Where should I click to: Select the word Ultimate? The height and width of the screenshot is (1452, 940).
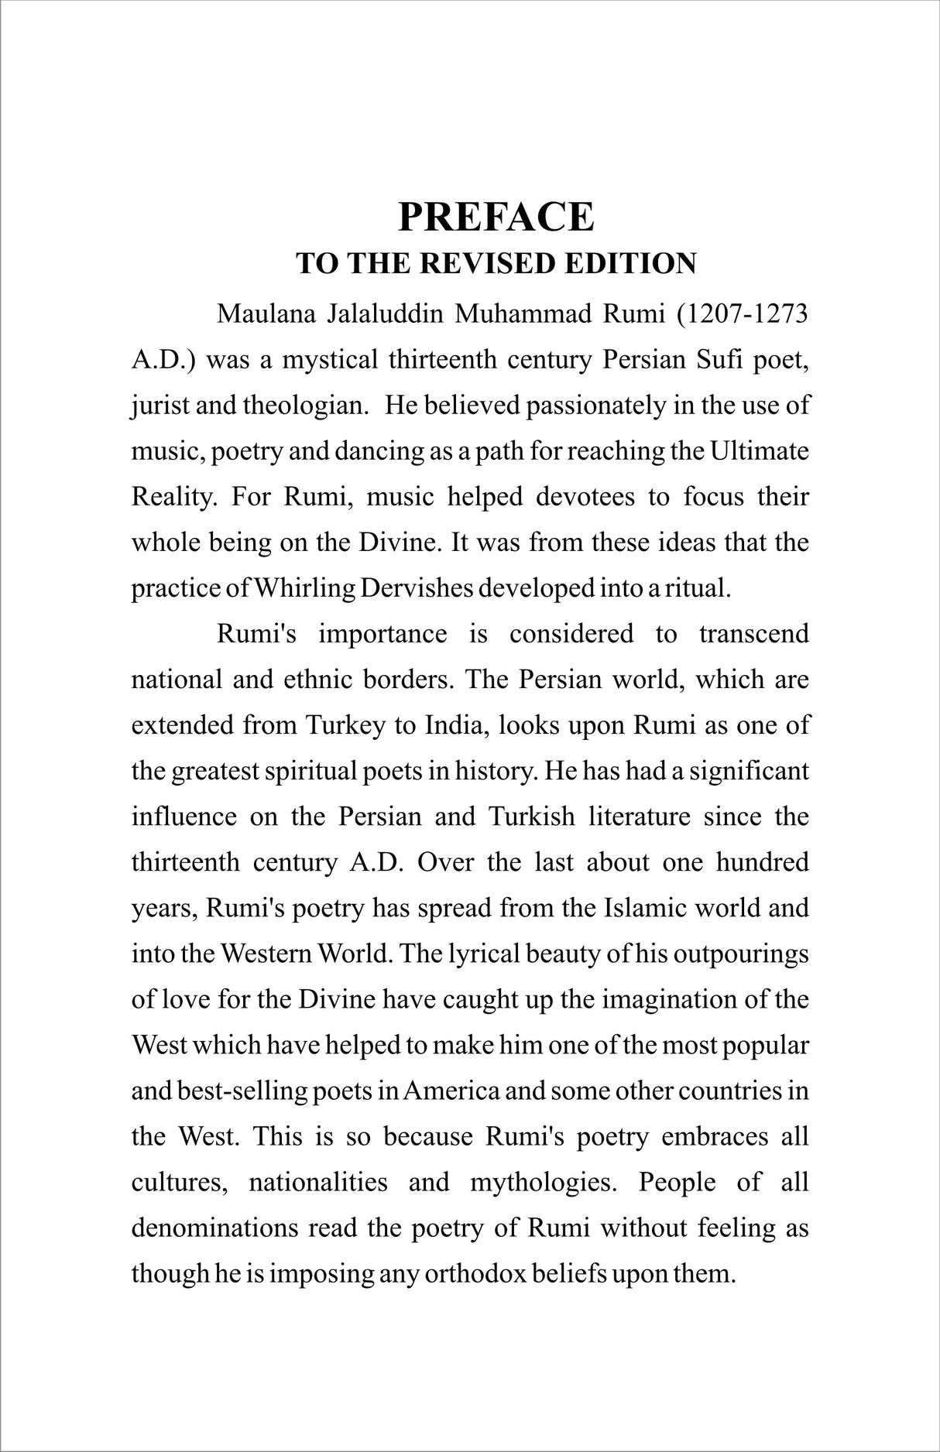[759, 452]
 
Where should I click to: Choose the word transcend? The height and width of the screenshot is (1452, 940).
[753, 634]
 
